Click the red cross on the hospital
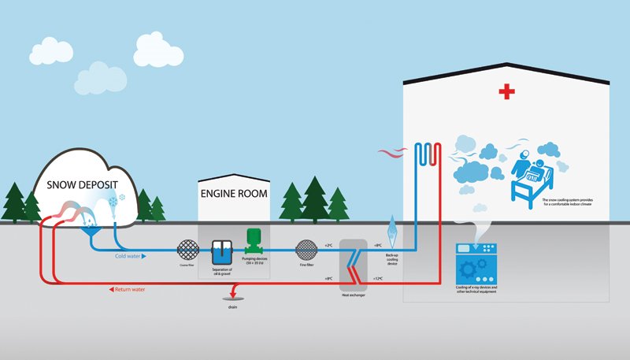click(506, 93)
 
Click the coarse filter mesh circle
click(187, 250)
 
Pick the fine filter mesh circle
click(305, 251)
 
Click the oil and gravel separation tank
click(220, 251)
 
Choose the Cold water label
click(129, 256)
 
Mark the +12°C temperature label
click(377, 278)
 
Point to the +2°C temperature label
click(330, 247)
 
